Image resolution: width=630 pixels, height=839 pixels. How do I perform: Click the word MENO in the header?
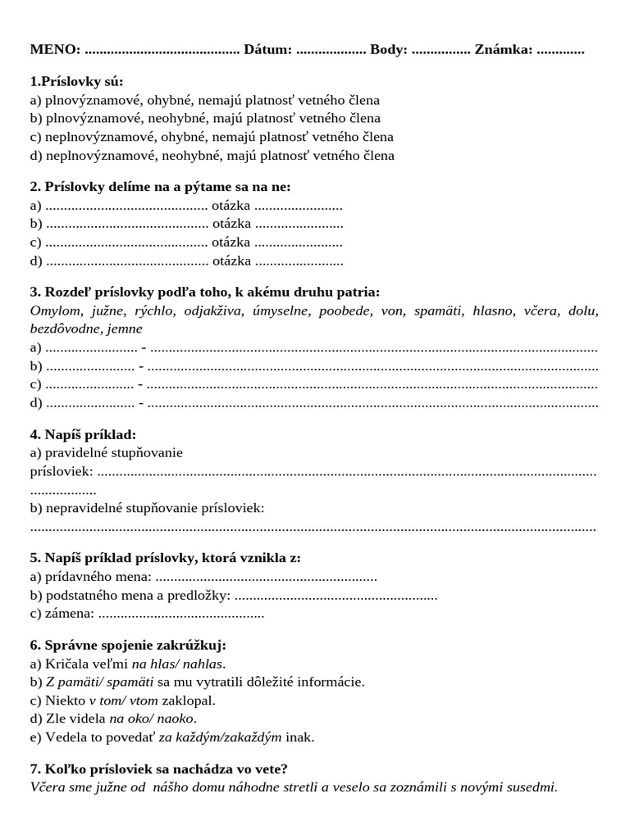point(54,49)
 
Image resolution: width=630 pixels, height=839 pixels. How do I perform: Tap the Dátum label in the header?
point(267,49)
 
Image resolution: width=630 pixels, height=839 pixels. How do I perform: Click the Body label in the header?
point(388,49)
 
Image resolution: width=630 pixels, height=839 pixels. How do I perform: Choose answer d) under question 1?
point(212,156)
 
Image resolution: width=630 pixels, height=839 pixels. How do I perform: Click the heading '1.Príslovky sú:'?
point(76,82)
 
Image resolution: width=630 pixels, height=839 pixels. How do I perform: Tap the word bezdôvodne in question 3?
point(65,329)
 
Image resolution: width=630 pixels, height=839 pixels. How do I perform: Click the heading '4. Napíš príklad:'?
point(83,434)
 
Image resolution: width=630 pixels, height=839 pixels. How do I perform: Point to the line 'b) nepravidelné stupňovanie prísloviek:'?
point(147,508)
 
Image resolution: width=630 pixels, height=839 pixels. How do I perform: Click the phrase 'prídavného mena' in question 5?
point(98,577)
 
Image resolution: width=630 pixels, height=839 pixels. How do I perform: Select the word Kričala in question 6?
point(66,664)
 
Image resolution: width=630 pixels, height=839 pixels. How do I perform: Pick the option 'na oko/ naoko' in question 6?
point(153,719)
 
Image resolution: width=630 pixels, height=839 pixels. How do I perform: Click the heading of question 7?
point(158,769)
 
